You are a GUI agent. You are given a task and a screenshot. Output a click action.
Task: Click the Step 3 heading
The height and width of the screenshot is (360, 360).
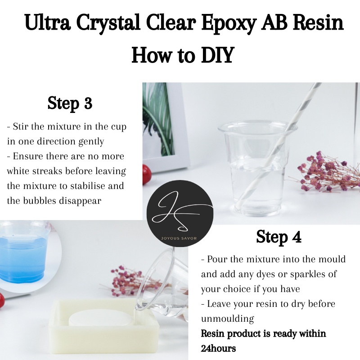tap(70, 103)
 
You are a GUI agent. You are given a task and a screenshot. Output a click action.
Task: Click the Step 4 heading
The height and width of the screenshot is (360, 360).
tap(279, 237)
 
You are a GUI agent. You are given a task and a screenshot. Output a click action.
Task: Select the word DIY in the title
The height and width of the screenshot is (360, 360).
tap(217, 55)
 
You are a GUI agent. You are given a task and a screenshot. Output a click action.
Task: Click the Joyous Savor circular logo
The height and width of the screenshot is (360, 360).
tap(180, 213)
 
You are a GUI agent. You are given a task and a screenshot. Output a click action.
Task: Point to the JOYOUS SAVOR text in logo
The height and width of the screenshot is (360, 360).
tap(179, 238)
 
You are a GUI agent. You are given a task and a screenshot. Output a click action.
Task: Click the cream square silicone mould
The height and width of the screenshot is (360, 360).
tap(104, 326)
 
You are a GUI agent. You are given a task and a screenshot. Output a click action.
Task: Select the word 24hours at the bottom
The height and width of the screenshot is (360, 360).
tap(218, 348)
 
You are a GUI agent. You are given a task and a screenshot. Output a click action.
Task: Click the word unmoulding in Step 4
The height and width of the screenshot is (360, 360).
tap(227, 319)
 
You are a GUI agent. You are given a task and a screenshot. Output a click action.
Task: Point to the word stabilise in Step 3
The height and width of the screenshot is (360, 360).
tap(87, 186)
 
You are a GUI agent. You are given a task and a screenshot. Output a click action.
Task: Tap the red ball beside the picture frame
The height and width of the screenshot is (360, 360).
tap(147, 175)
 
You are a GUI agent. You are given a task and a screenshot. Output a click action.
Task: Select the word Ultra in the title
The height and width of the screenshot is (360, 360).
tap(48, 22)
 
